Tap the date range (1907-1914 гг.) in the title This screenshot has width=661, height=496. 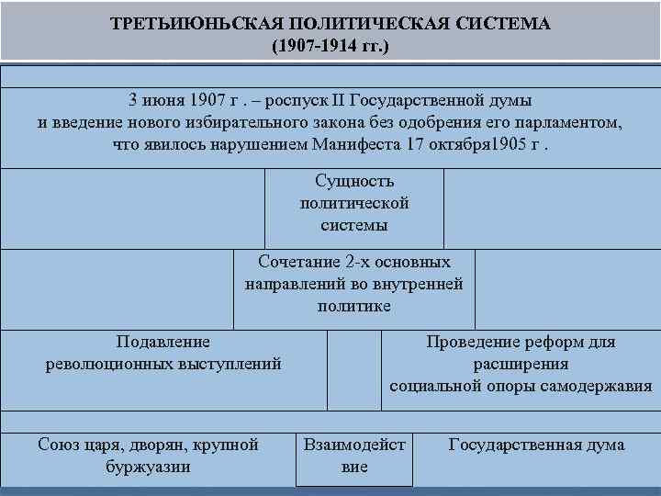coord(330,43)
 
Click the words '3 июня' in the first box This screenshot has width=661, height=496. coord(160,100)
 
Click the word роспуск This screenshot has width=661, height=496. coord(280,100)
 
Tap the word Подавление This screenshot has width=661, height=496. coord(163,342)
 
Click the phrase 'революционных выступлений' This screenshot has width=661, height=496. coord(163,364)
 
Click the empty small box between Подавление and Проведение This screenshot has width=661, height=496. coord(354,369)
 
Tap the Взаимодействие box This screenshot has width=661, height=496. coord(354,456)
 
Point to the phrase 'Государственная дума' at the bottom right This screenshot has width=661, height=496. coord(536,445)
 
